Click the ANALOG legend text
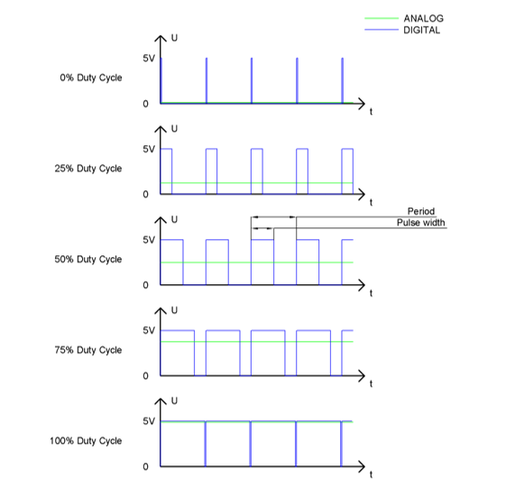click(x=423, y=18)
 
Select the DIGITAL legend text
click(x=422, y=30)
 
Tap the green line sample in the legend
click(x=382, y=18)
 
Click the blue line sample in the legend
click(x=382, y=30)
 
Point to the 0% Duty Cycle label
click(x=91, y=78)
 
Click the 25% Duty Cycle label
click(x=88, y=169)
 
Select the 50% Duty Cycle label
click(x=88, y=260)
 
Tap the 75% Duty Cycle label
click(x=88, y=350)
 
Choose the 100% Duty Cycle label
click(x=86, y=441)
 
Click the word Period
click(x=421, y=211)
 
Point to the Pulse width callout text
click(x=420, y=223)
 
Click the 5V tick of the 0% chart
click(x=149, y=59)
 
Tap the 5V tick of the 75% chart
click(x=149, y=330)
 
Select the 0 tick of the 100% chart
click(x=145, y=466)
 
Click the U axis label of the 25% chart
click(x=174, y=129)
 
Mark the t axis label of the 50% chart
click(x=371, y=293)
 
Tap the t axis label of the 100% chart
click(x=371, y=474)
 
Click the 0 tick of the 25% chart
click(x=145, y=195)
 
